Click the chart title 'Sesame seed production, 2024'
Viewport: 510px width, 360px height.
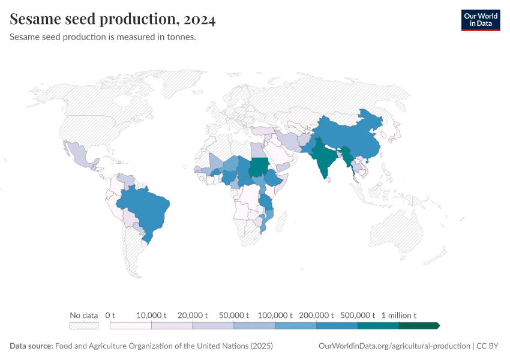click(x=113, y=20)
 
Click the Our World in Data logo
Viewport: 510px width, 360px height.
click(x=480, y=20)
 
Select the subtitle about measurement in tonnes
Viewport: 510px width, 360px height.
click(x=103, y=37)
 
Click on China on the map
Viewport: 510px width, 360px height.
click(x=348, y=135)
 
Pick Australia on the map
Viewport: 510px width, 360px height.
click(x=396, y=234)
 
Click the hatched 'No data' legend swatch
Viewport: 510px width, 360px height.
click(x=83, y=326)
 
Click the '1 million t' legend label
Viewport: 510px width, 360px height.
click(x=398, y=315)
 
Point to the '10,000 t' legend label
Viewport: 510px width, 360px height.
click(x=151, y=315)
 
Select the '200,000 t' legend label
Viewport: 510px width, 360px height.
click(x=316, y=315)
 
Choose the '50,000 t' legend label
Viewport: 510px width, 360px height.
click(x=233, y=315)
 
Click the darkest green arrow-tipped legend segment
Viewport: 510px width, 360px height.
click(x=419, y=326)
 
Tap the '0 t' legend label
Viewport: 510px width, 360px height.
click(x=110, y=315)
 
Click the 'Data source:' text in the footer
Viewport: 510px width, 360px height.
click(x=31, y=346)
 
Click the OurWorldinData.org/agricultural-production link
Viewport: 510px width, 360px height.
click(x=394, y=346)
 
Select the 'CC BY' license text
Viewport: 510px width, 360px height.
click(x=488, y=346)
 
